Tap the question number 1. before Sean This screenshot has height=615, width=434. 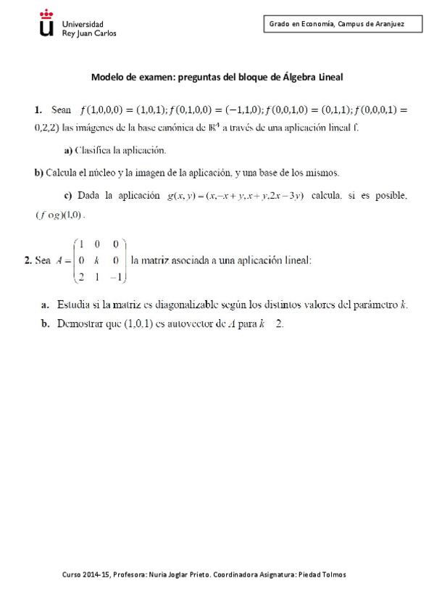point(38,110)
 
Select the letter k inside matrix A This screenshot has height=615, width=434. point(96,260)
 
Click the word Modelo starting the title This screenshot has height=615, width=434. point(108,76)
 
